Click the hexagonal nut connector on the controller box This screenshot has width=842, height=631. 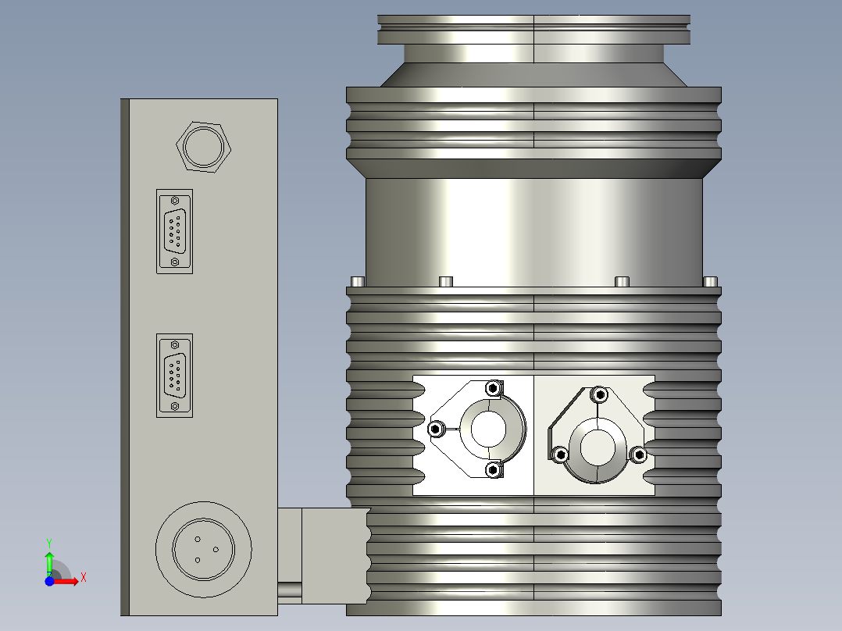(205, 145)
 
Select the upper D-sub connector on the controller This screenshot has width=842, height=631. (174, 231)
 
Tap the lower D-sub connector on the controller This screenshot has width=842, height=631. (174, 376)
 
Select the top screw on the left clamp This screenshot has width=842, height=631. (492, 387)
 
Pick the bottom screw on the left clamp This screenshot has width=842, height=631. (492, 469)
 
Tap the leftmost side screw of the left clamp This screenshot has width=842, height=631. (436, 429)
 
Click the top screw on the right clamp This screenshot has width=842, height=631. (599, 394)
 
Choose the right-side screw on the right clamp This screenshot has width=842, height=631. (638, 455)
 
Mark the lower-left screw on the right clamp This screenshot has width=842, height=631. (559, 455)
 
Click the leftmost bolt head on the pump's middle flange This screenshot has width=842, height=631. (357, 281)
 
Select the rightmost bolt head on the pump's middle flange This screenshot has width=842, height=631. (710, 281)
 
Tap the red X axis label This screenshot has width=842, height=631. (83, 578)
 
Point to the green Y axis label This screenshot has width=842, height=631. (48, 542)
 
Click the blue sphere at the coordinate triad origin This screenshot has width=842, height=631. (49, 581)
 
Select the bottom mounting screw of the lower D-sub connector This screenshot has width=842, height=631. (174, 406)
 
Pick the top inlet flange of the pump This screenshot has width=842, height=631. (534, 30)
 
